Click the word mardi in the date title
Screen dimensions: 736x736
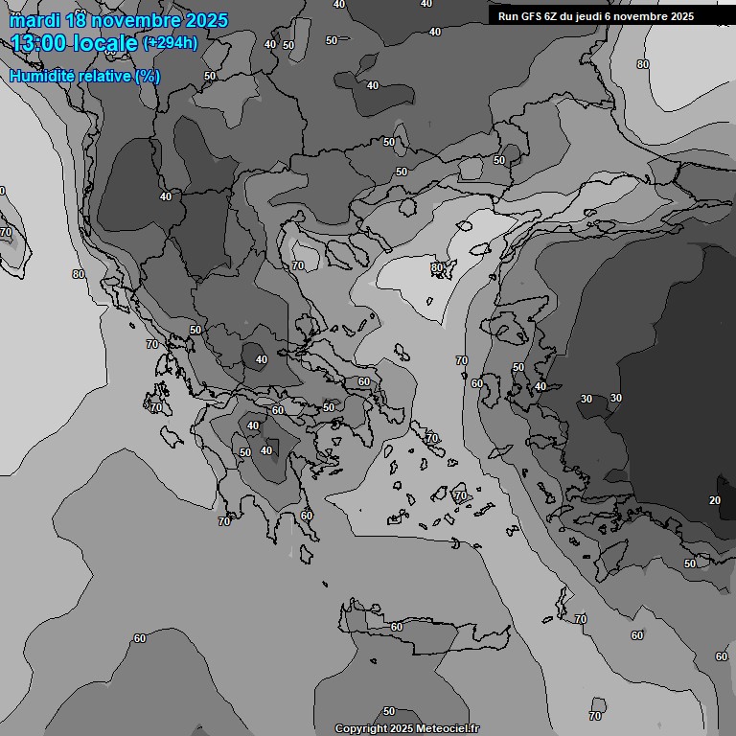(36, 20)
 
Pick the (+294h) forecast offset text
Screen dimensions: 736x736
(170, 42)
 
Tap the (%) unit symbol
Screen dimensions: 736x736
(148, 76)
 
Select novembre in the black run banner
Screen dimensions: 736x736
(650, 16)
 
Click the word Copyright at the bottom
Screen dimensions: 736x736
(360, 728)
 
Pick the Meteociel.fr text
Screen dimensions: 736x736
(447, 728)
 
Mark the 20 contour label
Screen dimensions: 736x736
(715, 501)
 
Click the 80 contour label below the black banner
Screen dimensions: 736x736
(643, 64)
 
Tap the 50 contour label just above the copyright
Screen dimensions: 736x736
(389, 711)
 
